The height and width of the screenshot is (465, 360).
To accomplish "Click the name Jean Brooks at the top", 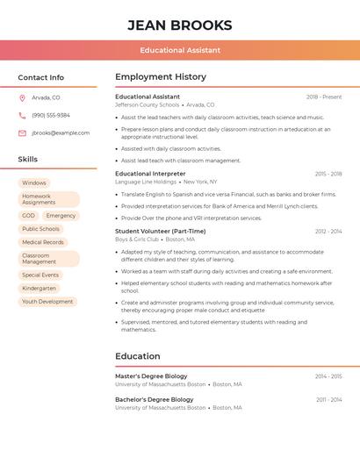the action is point(180,25).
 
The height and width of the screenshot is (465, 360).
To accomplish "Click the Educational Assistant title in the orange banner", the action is point(180,50).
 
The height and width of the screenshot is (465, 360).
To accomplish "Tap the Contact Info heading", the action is point(41,77).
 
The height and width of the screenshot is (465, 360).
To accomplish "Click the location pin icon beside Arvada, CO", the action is point(22,97).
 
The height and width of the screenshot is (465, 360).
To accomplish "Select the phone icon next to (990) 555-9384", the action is point(22,115).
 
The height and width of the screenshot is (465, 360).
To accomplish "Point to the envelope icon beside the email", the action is point(22,133).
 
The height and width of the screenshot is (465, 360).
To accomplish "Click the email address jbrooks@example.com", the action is point(61,133).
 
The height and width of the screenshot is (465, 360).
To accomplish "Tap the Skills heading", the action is point(28,160).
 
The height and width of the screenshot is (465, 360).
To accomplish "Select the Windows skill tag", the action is point(34,183).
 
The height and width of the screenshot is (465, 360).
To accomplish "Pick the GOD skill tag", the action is point(29,216).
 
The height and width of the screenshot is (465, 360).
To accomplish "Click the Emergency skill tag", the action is point(61,216).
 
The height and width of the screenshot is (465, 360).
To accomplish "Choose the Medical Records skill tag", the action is point(43,242).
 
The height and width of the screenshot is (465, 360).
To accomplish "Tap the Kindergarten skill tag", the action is point(40,289).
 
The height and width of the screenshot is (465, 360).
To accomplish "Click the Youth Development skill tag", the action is point(47,302).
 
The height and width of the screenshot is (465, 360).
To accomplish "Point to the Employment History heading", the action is point(161,77).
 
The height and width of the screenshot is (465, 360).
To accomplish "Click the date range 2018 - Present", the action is point(324,97).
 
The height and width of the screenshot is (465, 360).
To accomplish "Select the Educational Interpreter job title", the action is point(150,174).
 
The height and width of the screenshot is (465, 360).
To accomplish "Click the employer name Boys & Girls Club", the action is point(137,240).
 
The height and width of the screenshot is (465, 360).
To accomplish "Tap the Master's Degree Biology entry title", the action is point(151,376).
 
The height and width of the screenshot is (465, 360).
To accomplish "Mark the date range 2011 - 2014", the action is point(329,400).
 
